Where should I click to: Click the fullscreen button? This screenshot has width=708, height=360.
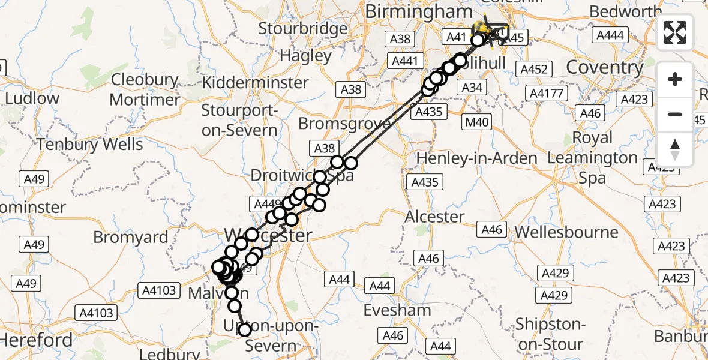(x=675, y=32)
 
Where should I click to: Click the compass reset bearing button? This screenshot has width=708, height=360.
(x=675, y=149)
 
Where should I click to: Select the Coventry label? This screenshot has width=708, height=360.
(x=604, y=67)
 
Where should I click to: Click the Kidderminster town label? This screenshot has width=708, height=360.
(x=255, y=82)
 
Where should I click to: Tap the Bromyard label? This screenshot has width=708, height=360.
(x=131, y=237)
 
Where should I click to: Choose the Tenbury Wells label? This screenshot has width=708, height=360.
(x=90, y=145)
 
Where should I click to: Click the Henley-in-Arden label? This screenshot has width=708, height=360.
(x=477, y=158)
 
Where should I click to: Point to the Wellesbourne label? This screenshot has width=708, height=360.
(x=558, y=232)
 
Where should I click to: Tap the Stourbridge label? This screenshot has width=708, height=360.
(x=299, y=28)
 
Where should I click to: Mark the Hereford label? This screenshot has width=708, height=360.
(x=36, y=340)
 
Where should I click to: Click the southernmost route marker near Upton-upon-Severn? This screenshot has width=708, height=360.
(x=244, y=329)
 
